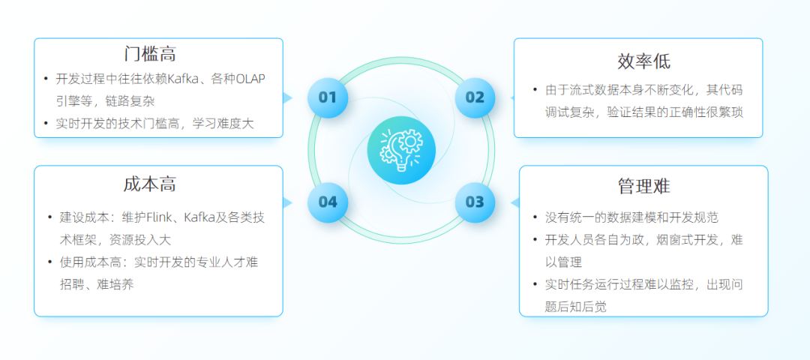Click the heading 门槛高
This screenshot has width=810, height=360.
[x=150, y=54]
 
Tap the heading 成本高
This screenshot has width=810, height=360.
[x=150, y=184]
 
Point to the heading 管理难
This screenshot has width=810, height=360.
[x=643, y=186]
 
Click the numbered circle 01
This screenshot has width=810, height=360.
[x=328, y=97]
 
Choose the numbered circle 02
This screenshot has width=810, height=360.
[x=475, y=97]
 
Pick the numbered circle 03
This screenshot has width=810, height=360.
[x=475, y=202]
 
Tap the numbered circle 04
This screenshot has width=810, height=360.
[x=328, y=202]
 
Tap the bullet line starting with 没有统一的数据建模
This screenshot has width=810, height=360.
[x=631, y=217]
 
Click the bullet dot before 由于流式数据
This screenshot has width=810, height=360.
[x=535, y=90]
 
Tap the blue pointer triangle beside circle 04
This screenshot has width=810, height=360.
[x=287, y=202]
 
